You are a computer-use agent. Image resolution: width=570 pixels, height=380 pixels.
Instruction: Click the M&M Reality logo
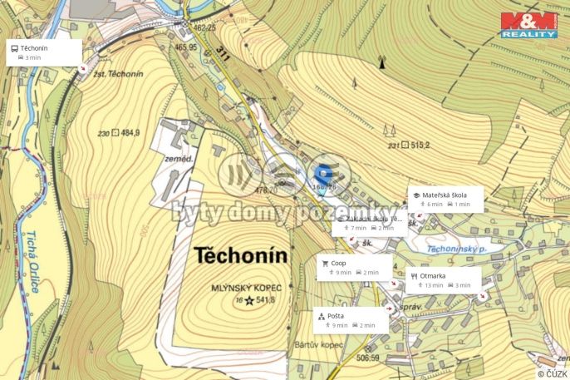coord(528,24)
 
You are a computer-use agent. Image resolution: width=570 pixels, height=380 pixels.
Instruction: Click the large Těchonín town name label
coord(240,256)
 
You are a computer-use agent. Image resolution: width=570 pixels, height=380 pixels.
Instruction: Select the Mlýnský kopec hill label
coord(247,287)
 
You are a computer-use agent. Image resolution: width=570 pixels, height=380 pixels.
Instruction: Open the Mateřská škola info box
coord(445,199)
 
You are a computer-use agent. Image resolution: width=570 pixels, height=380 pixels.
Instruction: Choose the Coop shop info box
coord(350,267)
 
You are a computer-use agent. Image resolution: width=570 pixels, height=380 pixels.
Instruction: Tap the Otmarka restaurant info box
coord(444,279)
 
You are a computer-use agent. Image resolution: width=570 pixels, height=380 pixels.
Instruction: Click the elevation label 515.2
coord(415,145)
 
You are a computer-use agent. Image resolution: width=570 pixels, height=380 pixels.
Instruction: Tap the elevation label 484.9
coord(130,132)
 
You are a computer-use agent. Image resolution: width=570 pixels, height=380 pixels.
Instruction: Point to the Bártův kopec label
coord(313,343)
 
